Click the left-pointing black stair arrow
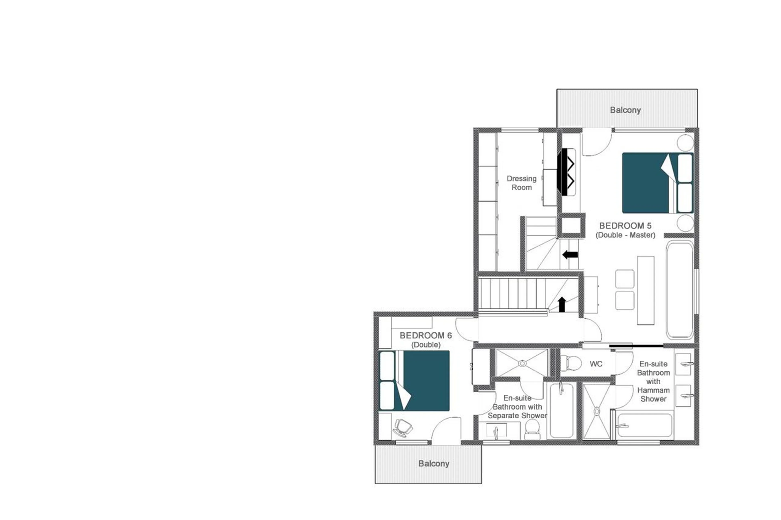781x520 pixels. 570,255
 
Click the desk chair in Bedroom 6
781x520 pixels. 403,428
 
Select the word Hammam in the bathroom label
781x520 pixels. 653,390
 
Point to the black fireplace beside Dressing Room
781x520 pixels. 564,172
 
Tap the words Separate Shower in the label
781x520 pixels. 517,416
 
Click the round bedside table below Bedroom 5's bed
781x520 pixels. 685,223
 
